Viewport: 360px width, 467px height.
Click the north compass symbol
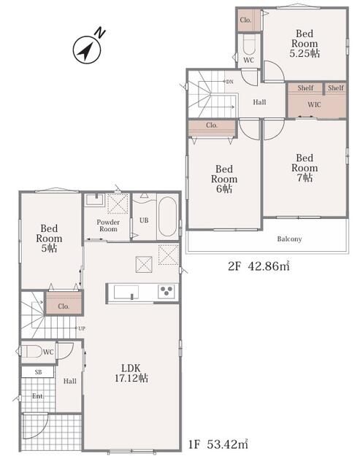coord(88,50)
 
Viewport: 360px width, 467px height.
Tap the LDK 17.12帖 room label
coord(131,373)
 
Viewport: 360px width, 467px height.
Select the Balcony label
coord(289,239)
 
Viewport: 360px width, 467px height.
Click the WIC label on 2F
coord(314,104)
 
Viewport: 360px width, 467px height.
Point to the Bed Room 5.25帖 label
coord(305,44)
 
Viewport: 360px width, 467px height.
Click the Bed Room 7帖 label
coord(305,168)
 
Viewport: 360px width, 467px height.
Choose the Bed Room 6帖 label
coord(224,179)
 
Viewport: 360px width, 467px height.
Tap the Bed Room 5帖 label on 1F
coord(49,239)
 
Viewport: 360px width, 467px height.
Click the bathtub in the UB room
coord(168,217)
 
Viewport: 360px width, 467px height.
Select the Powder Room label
coord(108,225)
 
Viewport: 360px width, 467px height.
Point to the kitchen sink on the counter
coord(126,292)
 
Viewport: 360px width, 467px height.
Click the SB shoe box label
coord(38,372)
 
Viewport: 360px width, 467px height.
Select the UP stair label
coord(82,328)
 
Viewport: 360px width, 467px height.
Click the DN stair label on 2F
coord(230,81)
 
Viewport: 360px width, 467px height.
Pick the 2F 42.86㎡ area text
coord(258,266)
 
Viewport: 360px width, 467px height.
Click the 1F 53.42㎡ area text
coord(218,444)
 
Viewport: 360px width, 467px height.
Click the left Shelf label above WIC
coord(305,88)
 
